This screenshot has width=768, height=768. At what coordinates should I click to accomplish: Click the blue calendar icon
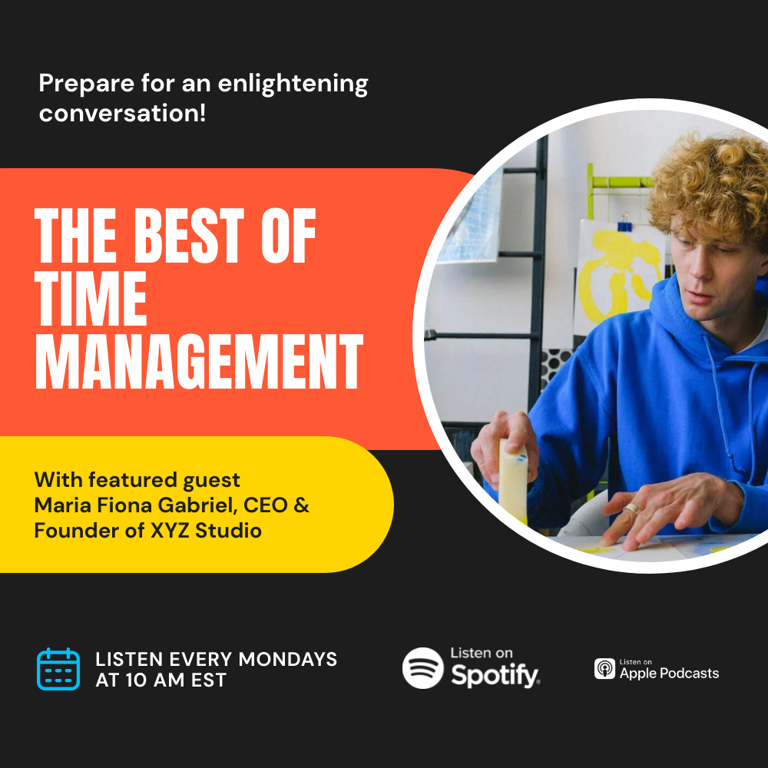pyautogui.click(x=58, y=669)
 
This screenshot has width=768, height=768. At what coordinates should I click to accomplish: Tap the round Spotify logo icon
pyautogui.click(x=422, y=668)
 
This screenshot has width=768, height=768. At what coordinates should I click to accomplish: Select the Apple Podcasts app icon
pyautogui.click(x=604, y=669)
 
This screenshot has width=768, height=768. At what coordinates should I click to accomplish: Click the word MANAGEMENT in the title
pyautogui.click(x=199, y=361)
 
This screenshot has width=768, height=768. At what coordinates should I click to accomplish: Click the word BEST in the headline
pyautogui.click(x=189, y=236)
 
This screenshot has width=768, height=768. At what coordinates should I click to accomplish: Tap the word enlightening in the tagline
pyautogui.click(x=293, y=84)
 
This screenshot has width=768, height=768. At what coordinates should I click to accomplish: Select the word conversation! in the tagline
pyautogui.click(x=122, y=113)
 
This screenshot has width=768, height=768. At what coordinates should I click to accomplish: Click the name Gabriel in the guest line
pyautogui.click(x=197, y=506)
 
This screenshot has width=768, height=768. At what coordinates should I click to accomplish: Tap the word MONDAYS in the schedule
pyautogui.click(x=287, y=659)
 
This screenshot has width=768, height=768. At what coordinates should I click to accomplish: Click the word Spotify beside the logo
pyautogui.click(x=495, y=675)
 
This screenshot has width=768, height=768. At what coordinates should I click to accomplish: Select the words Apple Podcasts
pyautogui.click(x=669, y=674)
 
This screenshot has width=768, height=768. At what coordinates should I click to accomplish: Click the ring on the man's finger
pyautogui.click(x=632, y=509)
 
